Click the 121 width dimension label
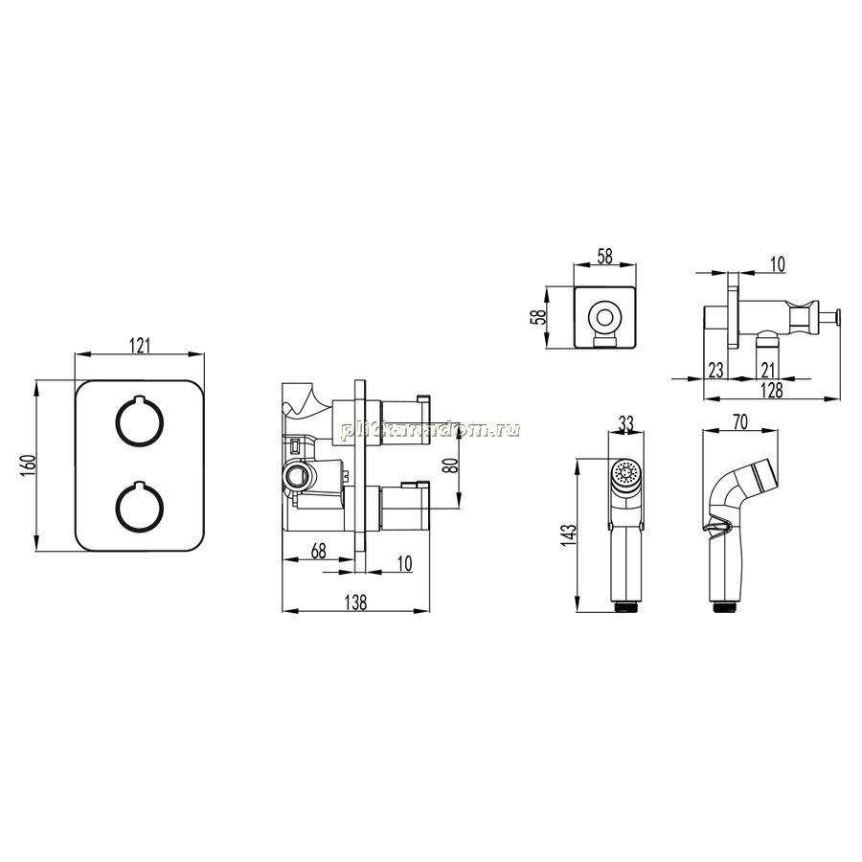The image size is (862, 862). coord(140,346)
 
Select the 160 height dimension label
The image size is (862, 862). coord(30,465)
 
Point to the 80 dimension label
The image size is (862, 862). coord(450,465)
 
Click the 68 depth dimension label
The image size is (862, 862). coord(318,551)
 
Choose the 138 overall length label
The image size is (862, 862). coord(355,602)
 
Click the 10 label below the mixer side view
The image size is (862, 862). coord(404,563)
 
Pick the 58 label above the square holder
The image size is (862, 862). coord(604,256)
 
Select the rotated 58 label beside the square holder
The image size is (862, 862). coord(540,317)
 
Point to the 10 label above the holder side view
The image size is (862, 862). coord(778,264)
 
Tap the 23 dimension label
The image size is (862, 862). coord(715,370)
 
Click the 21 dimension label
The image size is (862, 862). coord(768,370)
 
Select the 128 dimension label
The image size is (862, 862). coord(772,391)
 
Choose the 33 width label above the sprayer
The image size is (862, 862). coord(626,423)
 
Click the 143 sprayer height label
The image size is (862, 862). coord(570,534)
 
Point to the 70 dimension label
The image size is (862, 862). coord(740,421)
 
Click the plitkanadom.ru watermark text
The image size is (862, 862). coord(430,429)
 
